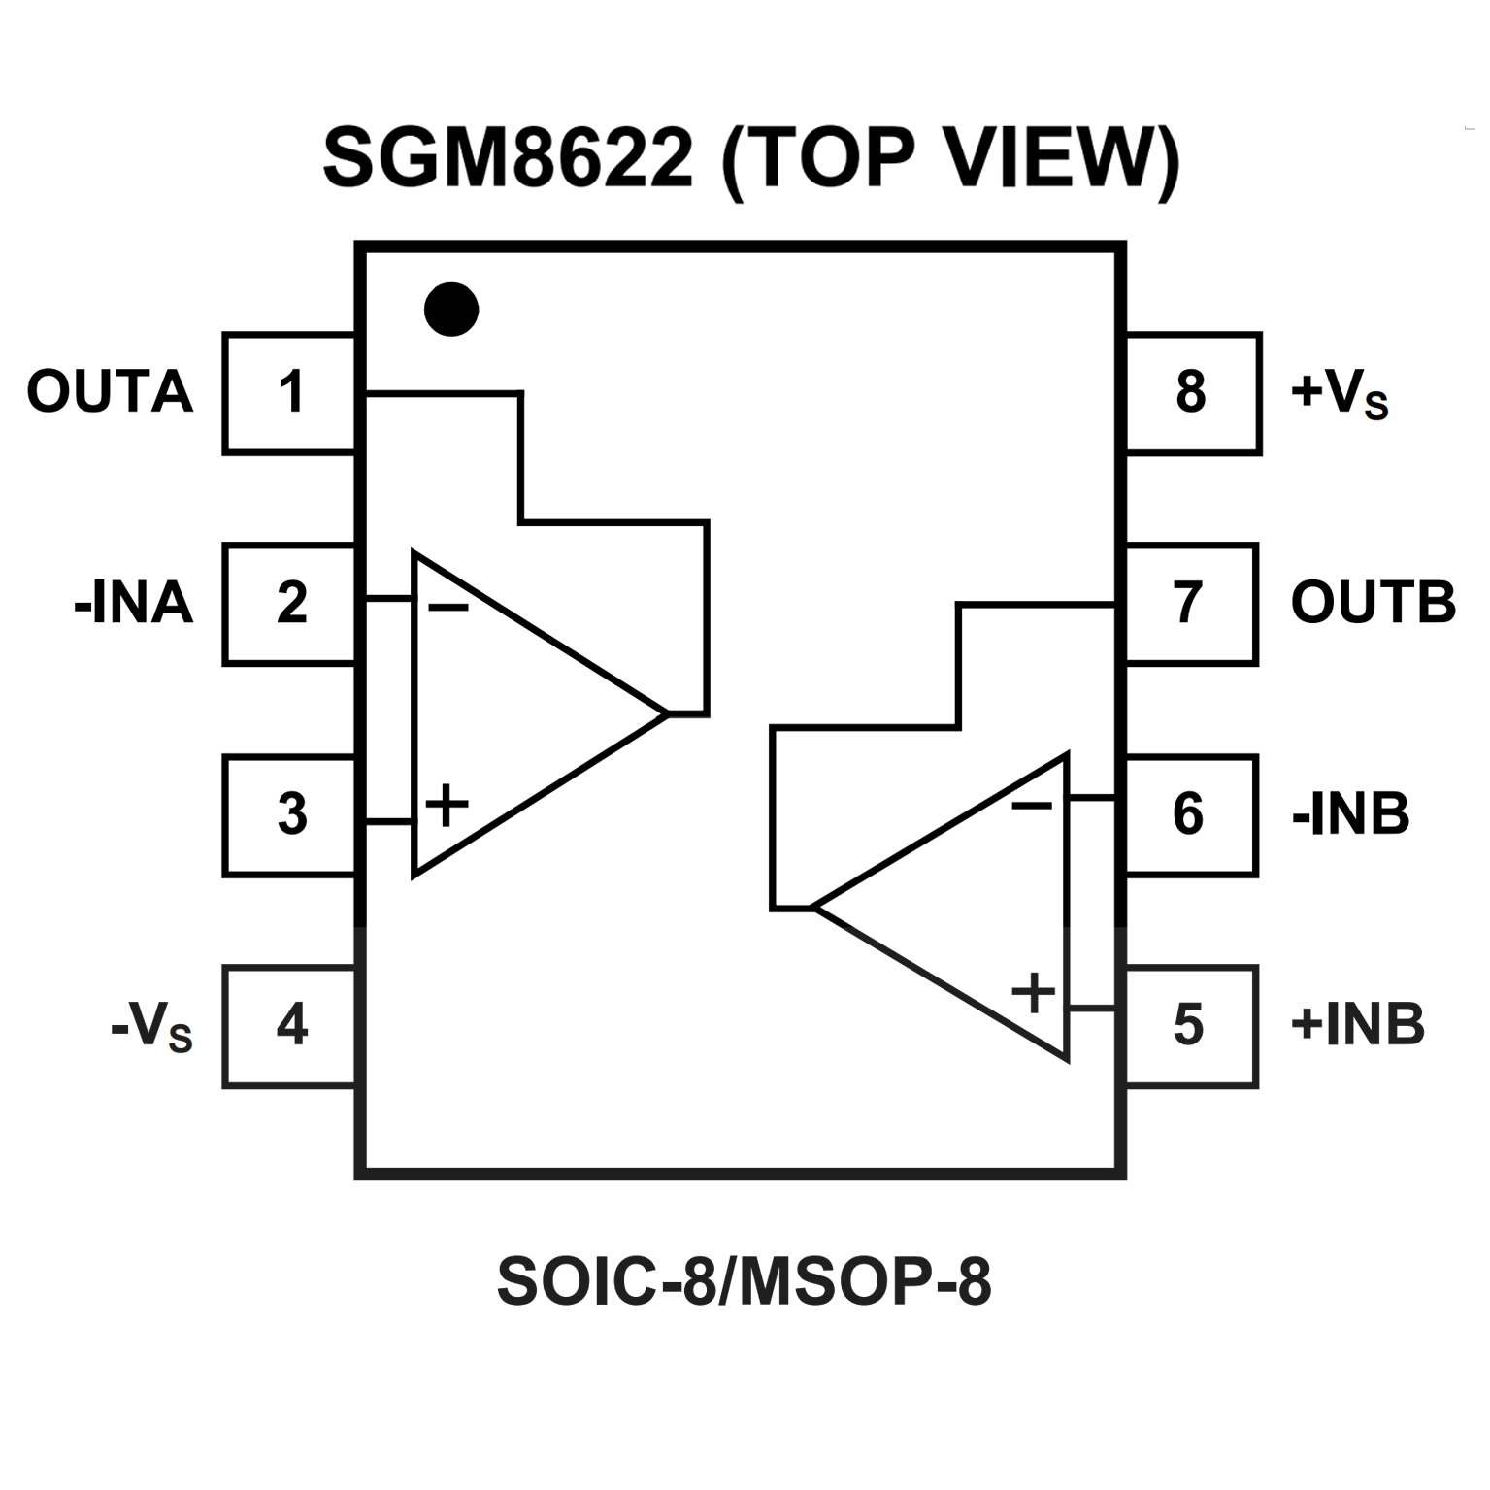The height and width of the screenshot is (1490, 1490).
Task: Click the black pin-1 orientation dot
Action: (x=451, y=310)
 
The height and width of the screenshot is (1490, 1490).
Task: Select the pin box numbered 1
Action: (x=289, y=393)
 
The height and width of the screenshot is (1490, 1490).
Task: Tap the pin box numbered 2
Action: (x=289, y=604)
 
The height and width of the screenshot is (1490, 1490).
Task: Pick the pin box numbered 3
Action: (x=289, y=815)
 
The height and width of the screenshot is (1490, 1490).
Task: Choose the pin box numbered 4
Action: (x=289, y=1026)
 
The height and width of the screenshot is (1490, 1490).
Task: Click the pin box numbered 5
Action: (x=1191, y=1026)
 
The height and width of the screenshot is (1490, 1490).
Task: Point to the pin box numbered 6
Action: (x=1191, y=815)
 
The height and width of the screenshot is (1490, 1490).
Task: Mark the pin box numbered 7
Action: (x=1191, y=604)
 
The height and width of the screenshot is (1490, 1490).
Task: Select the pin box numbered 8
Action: (x=1193, y=393)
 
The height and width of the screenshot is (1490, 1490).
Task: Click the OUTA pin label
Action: (x=110, y=392)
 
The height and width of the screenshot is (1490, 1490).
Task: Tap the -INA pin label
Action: (x=134, y=603)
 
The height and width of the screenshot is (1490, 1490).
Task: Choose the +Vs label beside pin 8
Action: (x=1340, y=394)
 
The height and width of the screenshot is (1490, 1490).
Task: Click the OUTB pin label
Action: (x=1374, y=603)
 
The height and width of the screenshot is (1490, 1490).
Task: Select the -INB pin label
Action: (x=1350, y=814)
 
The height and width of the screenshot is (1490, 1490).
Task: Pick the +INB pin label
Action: (x=1358, y=1024)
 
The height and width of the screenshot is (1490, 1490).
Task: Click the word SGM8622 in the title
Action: (x=509, y=157)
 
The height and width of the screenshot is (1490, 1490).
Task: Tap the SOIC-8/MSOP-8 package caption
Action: (x=745, y=1282)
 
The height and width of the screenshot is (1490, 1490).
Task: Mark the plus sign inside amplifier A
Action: (x=447, y=805)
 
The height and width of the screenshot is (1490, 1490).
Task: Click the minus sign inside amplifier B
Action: (x=1031, y=805)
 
